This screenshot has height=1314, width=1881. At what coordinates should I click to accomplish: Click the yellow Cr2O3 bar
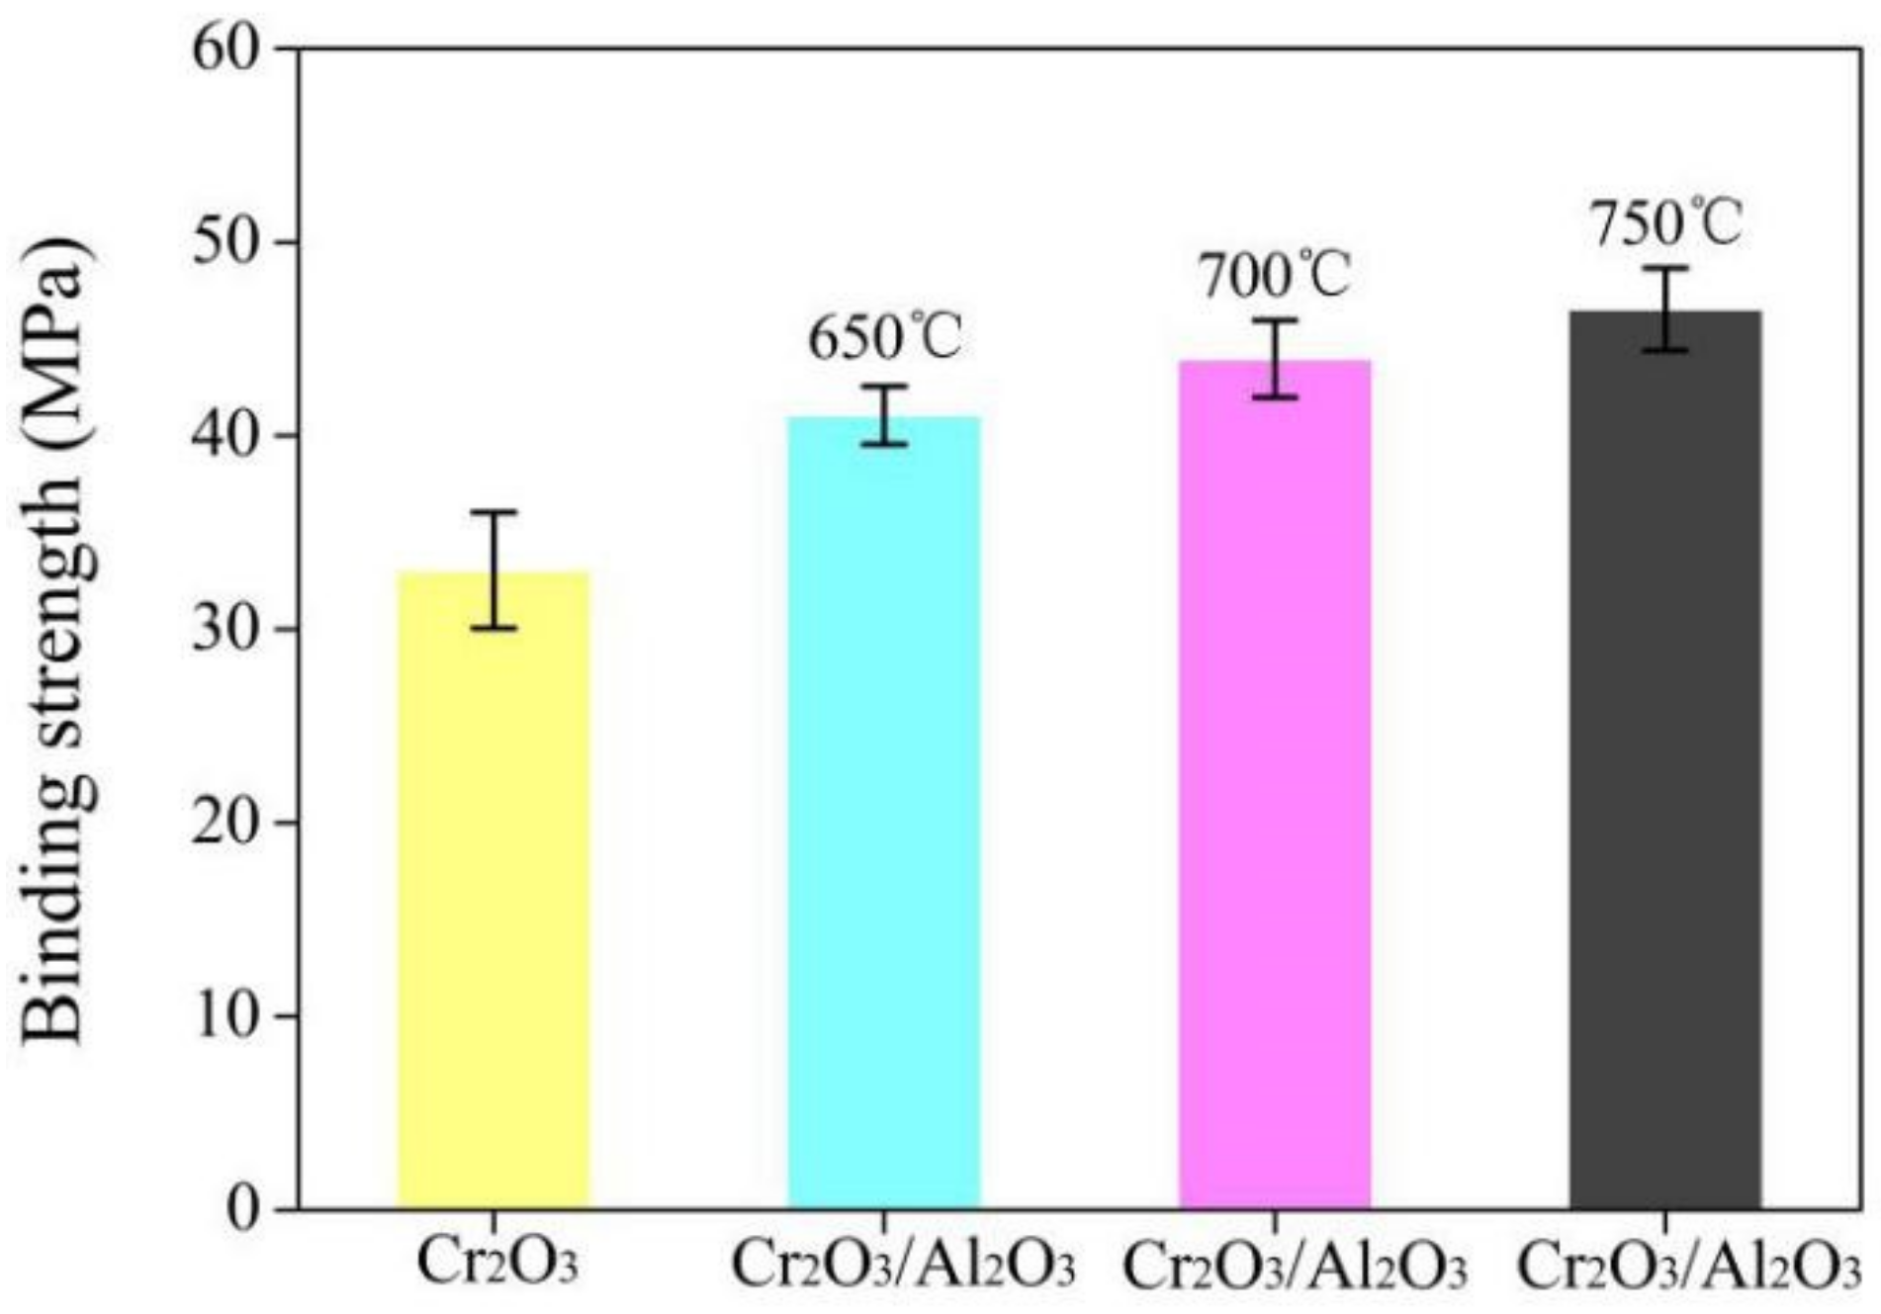coord(493,890)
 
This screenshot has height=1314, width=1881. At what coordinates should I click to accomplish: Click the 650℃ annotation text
coord(884,338)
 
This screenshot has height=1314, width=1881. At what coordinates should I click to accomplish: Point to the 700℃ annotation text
coord(1274,275)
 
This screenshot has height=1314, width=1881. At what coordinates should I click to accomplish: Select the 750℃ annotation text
coord(1665,222)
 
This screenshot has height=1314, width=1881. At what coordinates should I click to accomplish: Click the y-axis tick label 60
coord(224,49)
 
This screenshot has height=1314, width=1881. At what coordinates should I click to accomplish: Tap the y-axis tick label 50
coord(224,242)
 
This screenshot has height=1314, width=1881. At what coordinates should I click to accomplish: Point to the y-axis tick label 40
coord(224,436)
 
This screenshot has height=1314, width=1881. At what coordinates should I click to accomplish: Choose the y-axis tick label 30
coord(224,630)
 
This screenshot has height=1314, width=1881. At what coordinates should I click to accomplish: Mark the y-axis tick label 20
coord(224,823)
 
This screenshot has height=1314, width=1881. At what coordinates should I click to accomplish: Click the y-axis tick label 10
coord(224,1016)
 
